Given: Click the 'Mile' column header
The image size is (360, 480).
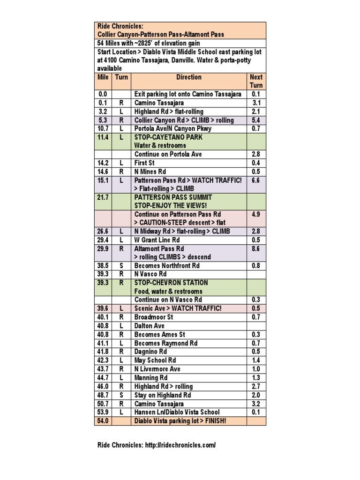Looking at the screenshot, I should pyautogui.click(x=103, y=77).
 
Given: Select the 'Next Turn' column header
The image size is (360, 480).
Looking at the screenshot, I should pyautogui.click(x=256, y=81).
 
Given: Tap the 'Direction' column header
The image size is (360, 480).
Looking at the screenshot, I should pyautogui.click(x=189, y=77).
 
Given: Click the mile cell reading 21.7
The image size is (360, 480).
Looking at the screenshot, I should pyautogui.click(x=103, y=197).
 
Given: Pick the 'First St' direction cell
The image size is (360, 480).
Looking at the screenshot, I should pyautogui.click(x=144, y=163).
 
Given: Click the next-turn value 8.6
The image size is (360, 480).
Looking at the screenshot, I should pyautogui.click(x=256, y=249).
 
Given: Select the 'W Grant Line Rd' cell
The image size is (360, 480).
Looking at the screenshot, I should pyautogui.click(x=157, y=240).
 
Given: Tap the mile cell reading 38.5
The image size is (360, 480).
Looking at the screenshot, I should pyautogui.click(x=103, y=266).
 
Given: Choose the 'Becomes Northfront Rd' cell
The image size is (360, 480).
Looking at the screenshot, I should pyautogui.click(x=167, y=266).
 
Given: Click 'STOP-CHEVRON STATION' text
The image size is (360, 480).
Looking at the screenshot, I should pyautogui.click(x=171, y=283).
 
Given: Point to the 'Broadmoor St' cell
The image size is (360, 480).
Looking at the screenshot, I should pyautogui.click(x=154, y=317).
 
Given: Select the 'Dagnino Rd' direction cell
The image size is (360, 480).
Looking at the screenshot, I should pyautogui.click(x=150, y=352).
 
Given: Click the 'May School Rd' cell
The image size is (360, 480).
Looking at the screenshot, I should pyautogui.click(x=155, y=360).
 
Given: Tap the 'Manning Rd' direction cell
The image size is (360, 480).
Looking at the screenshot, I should pyautogui.click(x=151, y=378).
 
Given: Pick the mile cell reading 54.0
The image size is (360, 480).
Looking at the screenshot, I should pyautogui.click(x=103, y=421).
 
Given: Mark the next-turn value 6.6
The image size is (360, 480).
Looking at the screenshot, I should pyautogui.click(x=256, y=180).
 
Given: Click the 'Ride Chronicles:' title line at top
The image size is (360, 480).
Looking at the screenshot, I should pyautogui.click(x=120, y=26).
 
